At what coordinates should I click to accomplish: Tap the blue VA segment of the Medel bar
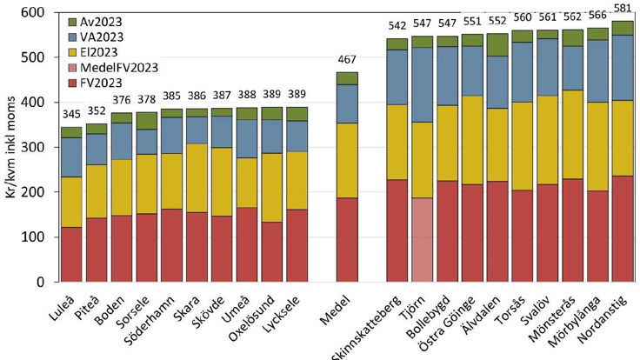coord(348,103)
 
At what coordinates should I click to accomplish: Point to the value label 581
coord(623,9)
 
